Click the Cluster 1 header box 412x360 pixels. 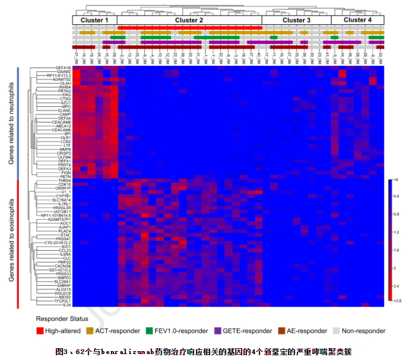[95, 20]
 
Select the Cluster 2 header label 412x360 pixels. [189, 20]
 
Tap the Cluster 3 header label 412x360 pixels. [296, 20]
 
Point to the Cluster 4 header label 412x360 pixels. [357, 20]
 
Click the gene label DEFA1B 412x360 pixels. [64, 68]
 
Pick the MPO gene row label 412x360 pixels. [66, 106]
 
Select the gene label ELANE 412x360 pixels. [64, 110]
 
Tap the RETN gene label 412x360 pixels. [65, 176]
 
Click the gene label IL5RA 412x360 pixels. [64, 254]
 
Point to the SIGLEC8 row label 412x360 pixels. [62, 293]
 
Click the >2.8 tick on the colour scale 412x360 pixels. [397, 302]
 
